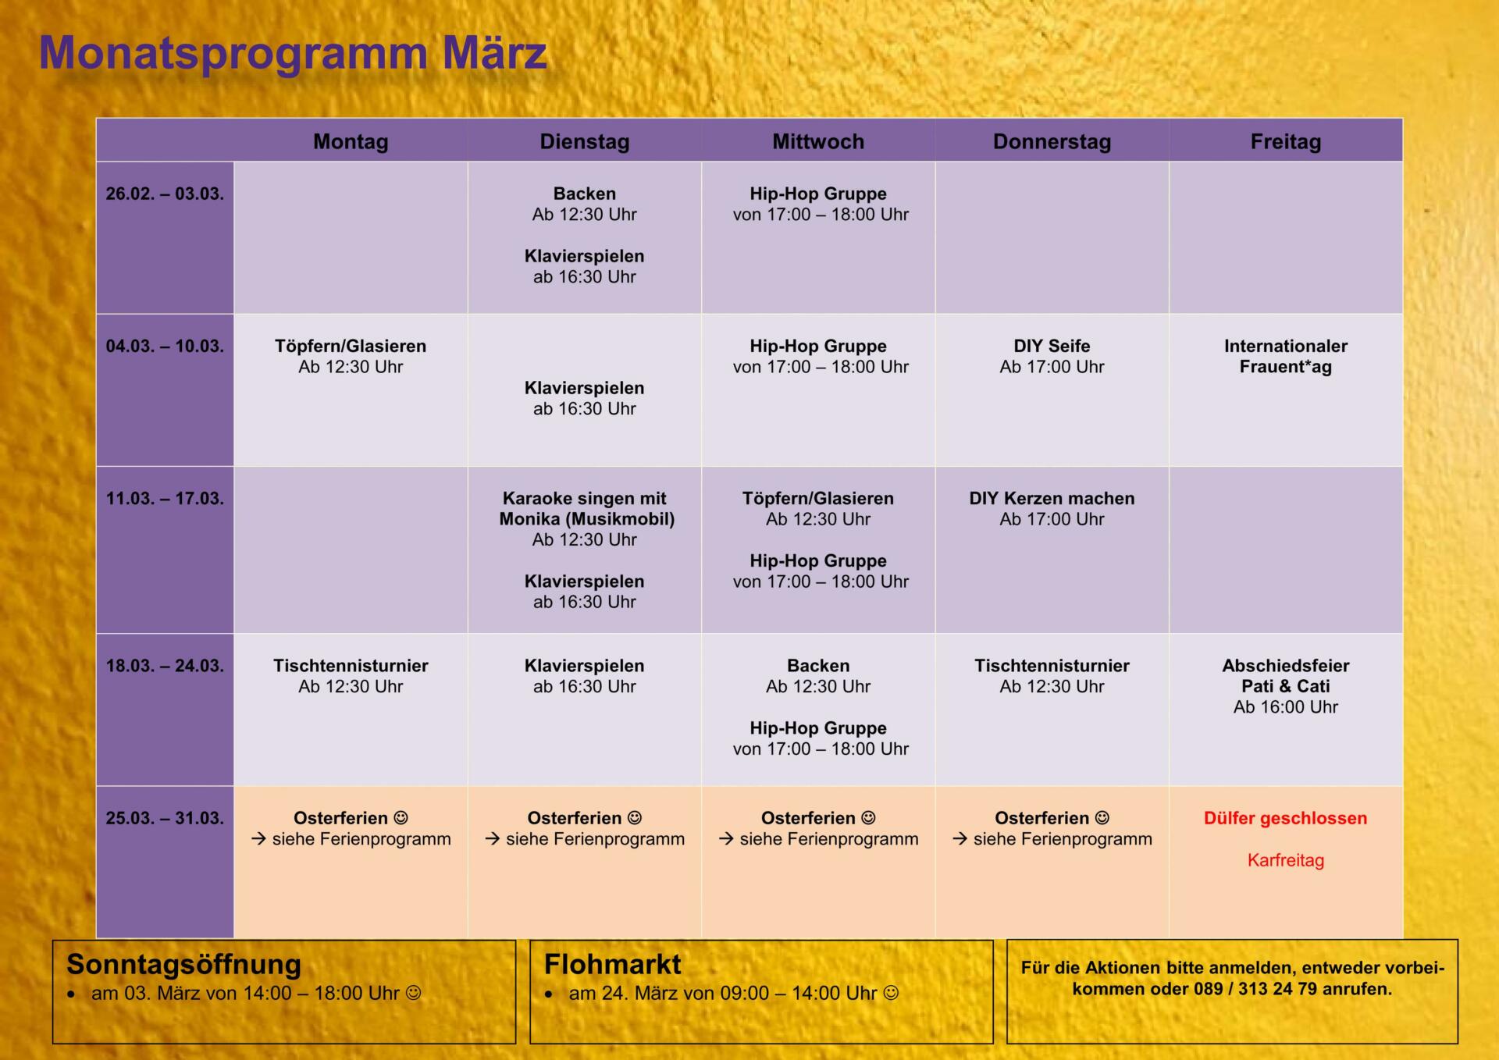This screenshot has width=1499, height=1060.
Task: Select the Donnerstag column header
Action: [x=1052, y=141]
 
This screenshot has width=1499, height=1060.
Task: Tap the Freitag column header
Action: [x=1286, y=141]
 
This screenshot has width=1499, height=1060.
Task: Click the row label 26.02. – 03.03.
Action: [x=165, y=194]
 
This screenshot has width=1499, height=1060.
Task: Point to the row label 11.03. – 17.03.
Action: [x=165, y=498]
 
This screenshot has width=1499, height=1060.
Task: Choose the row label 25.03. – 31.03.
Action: [x=165, y=818]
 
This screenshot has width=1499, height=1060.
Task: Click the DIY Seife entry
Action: [x=1052, y=356]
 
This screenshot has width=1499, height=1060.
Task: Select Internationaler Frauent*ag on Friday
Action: [x=1286, y=356]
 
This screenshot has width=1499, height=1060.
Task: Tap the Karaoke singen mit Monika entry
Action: [x=586, y=518]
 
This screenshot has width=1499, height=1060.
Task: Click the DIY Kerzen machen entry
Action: [x=1052, y=508]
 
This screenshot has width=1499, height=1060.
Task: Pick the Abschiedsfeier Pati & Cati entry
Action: [x=1286, y=686]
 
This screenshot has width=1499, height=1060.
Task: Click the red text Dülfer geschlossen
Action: [x=1286, y=818]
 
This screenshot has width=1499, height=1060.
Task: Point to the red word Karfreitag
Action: [x=1286, y=860]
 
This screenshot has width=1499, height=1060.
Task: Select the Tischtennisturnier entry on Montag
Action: [x=351, y=676]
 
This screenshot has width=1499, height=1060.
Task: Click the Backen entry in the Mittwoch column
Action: [x=818, y=676]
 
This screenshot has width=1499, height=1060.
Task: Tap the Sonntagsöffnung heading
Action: [x=183, y=965]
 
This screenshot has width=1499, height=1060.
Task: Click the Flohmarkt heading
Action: [x=613, y=965]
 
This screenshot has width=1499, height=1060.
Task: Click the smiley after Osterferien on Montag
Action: [x=401, y=818]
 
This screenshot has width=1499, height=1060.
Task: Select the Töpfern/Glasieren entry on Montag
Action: [x=351, y=356]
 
